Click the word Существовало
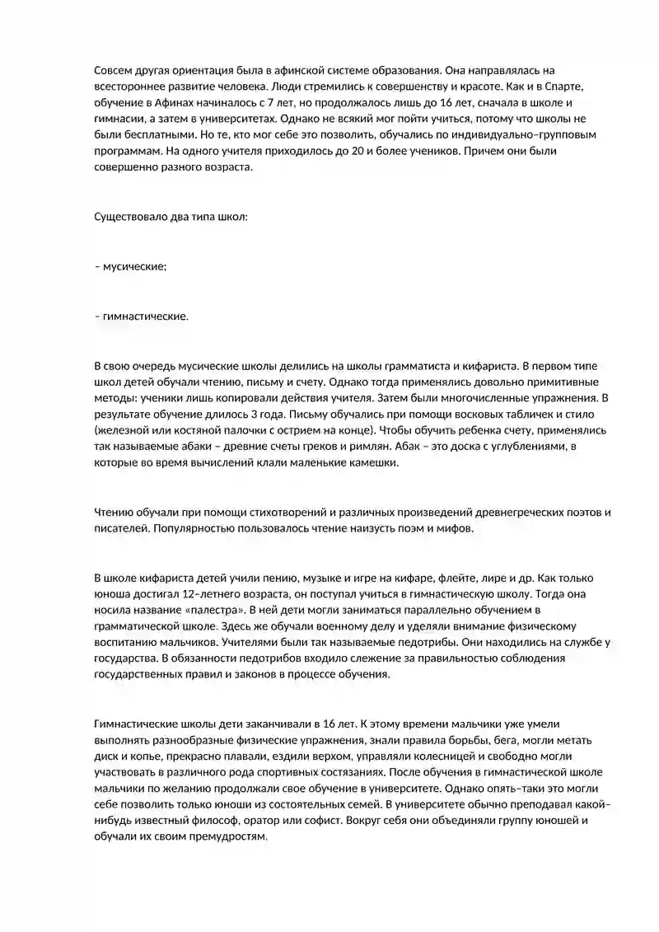coord(132,218)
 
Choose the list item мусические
coord(134,267)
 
